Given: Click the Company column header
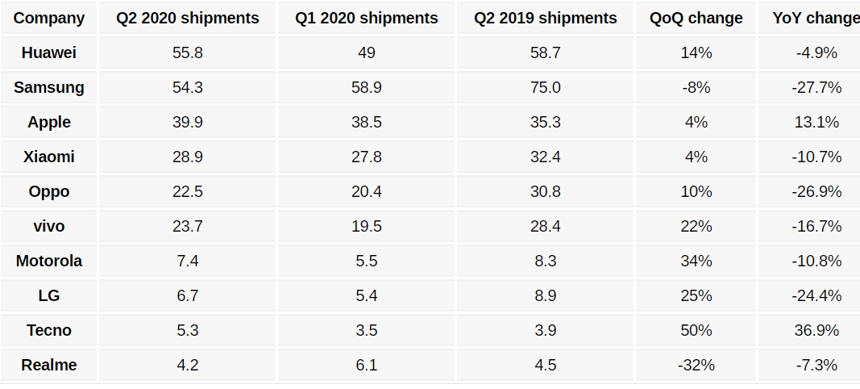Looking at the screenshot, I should pos(49,18).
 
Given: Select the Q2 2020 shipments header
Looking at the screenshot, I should pos(188,18).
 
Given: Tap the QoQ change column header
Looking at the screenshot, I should pos(696,18).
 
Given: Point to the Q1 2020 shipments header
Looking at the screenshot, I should pos(367,18).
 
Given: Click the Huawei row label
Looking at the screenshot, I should pos(49,53).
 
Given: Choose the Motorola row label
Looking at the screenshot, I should pos(49,261).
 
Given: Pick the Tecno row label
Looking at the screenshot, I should pos(49,330).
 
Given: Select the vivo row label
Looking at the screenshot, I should pos(49,226).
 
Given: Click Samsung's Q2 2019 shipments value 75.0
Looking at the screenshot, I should pos(546,87).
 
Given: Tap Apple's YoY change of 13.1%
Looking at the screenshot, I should pos(816,122).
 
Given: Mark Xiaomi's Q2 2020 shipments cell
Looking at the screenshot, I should pos(188,157).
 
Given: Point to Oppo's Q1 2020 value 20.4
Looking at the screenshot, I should pos(367,191).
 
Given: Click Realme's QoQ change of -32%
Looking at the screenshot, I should pos(696,365).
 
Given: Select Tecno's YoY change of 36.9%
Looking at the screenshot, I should pos(816,330).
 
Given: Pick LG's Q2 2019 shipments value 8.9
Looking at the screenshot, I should pos(546,295).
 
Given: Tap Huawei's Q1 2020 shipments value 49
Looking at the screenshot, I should pos(367,53).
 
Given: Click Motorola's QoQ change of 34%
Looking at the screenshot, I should pos(696,261).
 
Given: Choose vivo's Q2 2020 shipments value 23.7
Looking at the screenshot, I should pos(188,226).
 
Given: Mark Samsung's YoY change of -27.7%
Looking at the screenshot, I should pos(816,87).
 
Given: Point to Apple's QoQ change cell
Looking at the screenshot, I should pos(696,122).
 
